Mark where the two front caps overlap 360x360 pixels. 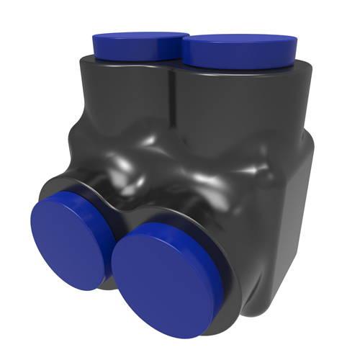pos(115,252)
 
